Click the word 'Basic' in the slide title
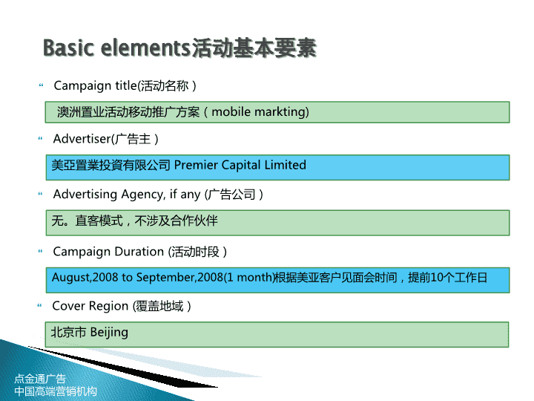pos(68,48)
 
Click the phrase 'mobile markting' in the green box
pos(260,112)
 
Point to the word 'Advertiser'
pos(82,139)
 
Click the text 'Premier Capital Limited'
pos(240,166)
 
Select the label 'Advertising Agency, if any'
pos(127,195)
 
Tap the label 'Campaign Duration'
pos(108,252)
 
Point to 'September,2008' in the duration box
pos(179,277)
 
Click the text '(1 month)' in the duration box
pos(249,277)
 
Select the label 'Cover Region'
pos(90,306)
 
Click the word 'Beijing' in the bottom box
pos(109,333)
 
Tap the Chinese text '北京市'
pos(68,332)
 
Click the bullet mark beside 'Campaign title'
pos(42,85)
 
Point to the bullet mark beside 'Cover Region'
pos(39,305)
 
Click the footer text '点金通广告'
pos(40,379)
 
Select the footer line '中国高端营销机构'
pos(56,391)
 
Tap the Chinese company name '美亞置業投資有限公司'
pos(111,166)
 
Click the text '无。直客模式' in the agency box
pos(88,221)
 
